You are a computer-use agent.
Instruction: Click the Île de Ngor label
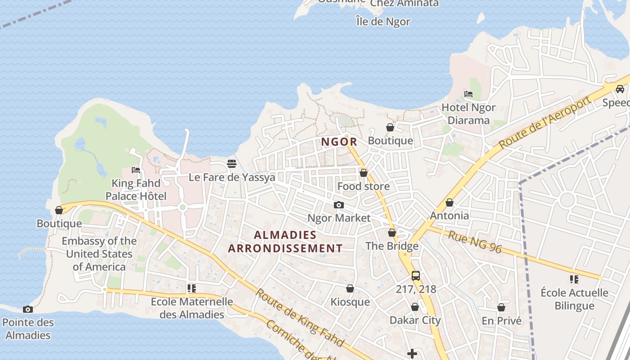coord(383,21)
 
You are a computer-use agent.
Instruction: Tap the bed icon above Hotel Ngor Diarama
coord(468,94)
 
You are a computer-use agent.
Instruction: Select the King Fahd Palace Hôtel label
coord(136,189)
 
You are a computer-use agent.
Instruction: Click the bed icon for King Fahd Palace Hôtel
coord(136,170)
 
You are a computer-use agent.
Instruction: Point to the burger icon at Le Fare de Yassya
coord(232,164)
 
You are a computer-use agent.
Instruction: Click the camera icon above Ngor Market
coord(339,205)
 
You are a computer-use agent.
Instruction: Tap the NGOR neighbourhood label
coord(339,142)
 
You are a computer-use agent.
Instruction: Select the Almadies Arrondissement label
coord(285,242)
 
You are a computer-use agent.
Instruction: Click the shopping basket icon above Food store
coord(364,173)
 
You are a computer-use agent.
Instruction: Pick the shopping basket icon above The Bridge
coord(392,233)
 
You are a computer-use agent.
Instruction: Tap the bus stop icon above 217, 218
coord(416,276)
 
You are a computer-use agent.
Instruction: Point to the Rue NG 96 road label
coord(475,242)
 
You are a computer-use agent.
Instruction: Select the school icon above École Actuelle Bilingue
coord(574,279)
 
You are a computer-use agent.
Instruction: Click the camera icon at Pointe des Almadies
coord(28,309)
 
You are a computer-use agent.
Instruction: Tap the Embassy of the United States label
coord(99,254)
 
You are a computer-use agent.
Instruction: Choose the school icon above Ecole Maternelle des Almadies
coord(192,288)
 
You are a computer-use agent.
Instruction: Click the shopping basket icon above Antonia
coord(449,203)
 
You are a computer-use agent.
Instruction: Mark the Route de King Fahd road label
coord(299,318)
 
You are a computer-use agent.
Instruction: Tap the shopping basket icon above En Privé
coord(501,307)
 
